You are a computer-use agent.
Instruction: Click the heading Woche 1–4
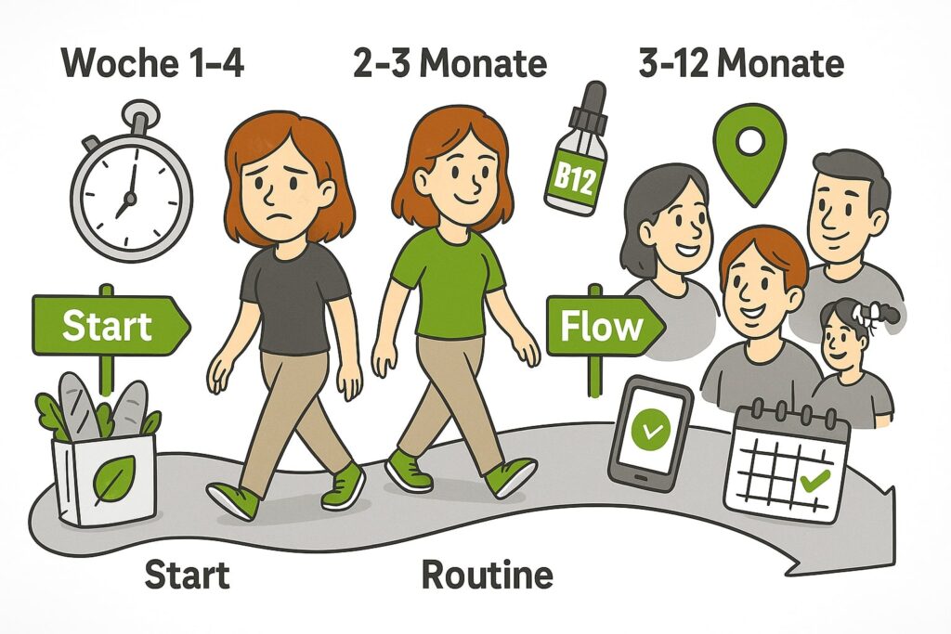[152, 63]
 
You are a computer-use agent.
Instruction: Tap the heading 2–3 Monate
[449, 63]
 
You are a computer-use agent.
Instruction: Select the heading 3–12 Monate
[741, 63]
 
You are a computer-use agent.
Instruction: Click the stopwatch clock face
[132, 197]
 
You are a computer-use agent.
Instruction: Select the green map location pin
[749, 155]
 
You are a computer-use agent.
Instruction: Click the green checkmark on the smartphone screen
[651, 429]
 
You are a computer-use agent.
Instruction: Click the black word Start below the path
[187, 574]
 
